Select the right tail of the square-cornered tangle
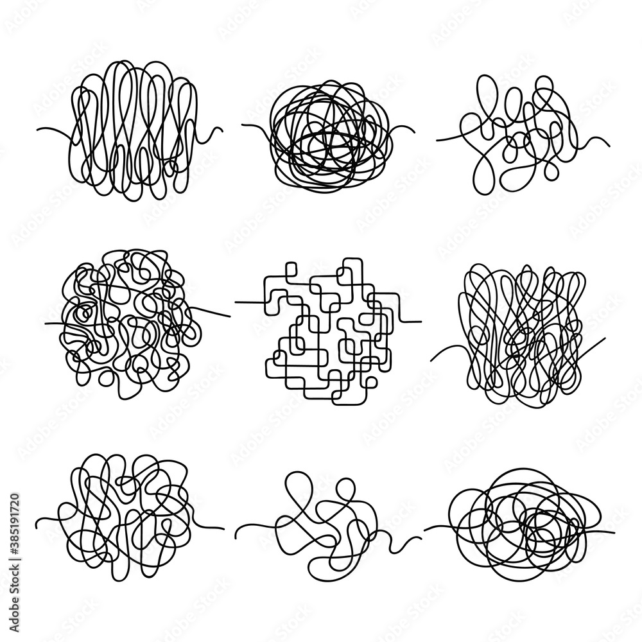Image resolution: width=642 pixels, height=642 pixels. [x=411, y=321]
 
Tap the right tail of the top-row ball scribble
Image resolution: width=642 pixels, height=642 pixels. [x=401, y=128]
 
